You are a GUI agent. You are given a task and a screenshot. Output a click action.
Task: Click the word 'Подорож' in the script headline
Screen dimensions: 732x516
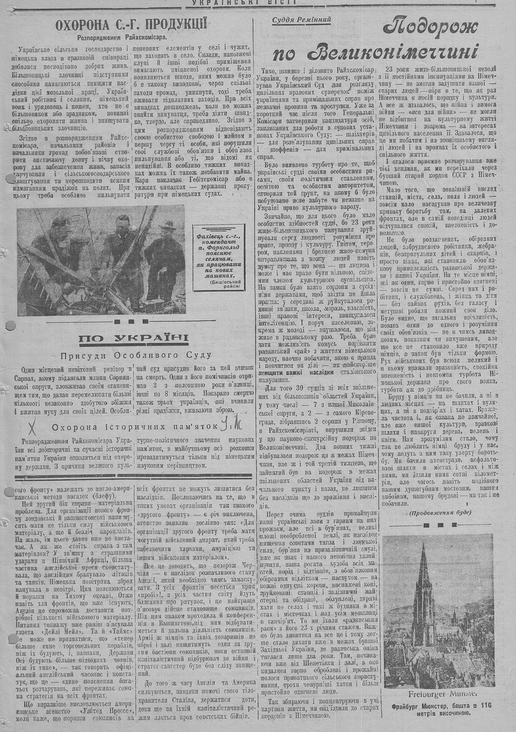(x=431, y=26)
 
